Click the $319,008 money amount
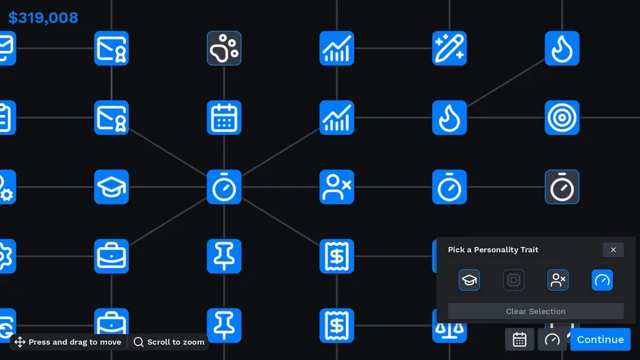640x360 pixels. tap(43, 18)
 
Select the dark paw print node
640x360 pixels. tap(224, 48)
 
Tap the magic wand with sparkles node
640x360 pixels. tap(449, 48)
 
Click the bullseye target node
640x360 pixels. tap(562, 118)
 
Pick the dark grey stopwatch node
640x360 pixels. tap(562, 187)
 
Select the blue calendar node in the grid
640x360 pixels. tap(224, 118)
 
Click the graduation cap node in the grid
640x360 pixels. tap(112, 187)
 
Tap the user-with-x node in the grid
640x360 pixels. tap(337, 187)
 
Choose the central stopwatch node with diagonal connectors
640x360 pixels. tap(224, 187)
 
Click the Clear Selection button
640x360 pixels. tap(536, 311)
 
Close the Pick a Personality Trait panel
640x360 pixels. tap(613, 250)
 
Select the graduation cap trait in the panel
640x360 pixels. tap(469, 280)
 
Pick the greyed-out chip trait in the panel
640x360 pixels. tap(513, 280)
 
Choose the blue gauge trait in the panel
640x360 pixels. tap(602, 280)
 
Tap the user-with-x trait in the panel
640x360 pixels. tap(558, 280)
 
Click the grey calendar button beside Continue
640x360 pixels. tap(519, 339)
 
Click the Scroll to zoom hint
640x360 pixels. tap(169, 342)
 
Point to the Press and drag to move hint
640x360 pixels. tap(68, 342)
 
